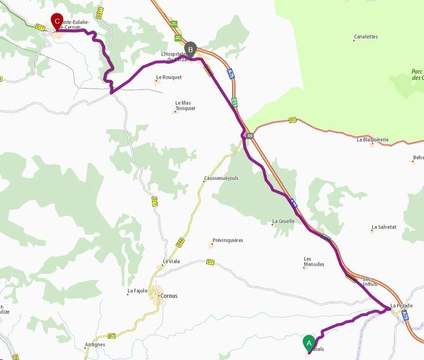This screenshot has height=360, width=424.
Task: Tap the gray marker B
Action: coord(191,49)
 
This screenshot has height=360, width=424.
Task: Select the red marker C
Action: coord(57,22)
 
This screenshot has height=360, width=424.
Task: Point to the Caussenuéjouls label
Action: coord(221,178)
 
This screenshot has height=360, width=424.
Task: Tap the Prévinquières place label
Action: coord(227,240)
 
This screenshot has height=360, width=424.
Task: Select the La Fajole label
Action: coord(137,291)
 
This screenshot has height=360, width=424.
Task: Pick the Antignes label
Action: coord(95,345)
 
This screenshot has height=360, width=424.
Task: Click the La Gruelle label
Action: coord(283,221)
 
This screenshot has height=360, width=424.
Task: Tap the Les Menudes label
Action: coord(314,262)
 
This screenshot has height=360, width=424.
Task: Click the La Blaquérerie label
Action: coord(373,140)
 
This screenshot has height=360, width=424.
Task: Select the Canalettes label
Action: coord(366,37)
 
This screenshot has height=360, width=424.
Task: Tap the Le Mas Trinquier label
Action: coord(185,105)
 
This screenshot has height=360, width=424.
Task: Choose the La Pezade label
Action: coord(401,306)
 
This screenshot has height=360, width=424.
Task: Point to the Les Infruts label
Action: coord(370,282)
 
